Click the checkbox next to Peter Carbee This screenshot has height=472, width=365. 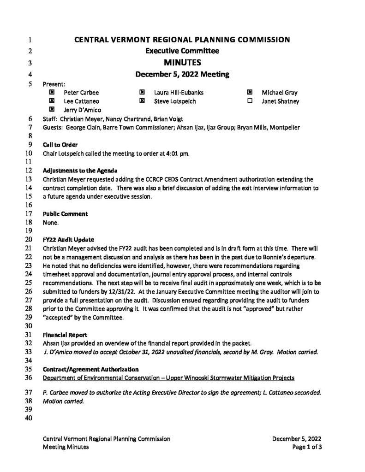[x=52, y=92]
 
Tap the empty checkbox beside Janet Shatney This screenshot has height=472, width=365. [x=250, y=101]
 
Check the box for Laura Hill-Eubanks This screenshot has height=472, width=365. [x=142, y=92]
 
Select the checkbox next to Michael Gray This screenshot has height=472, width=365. [x=250, y=92]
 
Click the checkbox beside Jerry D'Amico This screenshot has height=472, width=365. [x=52, y=109]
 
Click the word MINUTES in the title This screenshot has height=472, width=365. [x=182, y=62]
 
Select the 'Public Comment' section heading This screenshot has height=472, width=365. [x=65, y=214]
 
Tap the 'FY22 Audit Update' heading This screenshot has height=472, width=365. [x=68, y=240]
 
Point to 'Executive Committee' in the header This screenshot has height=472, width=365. [x=182, y=51]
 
